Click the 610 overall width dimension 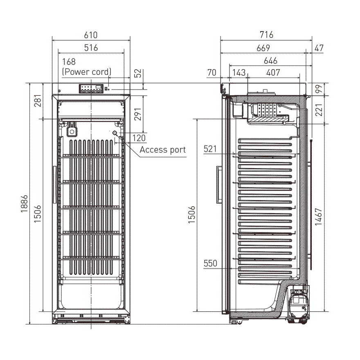click(91, 35)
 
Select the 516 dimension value click(91, 48)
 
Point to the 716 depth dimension click(266, 35)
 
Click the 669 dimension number click(263, 48)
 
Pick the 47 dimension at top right click(319, 48)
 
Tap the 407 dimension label click(273, 73)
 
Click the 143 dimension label click(239, 73)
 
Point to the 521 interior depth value click(210, 149)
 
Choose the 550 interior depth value click(210, 263)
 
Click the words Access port click(162, 150)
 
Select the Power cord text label click(86, 72)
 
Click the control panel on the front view click(92, 89)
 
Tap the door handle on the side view click(218, 185)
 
